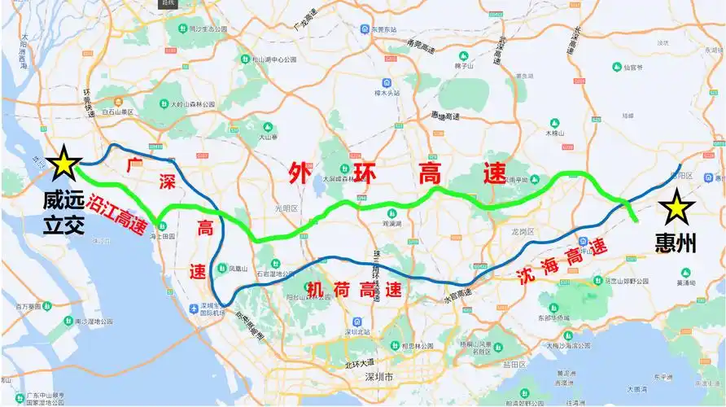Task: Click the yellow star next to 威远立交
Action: point(63,165)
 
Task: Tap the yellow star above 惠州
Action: point(675,209)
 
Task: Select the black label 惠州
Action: point(676,243)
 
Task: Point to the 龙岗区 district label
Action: point(522,232)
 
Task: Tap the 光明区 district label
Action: point(287,208)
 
